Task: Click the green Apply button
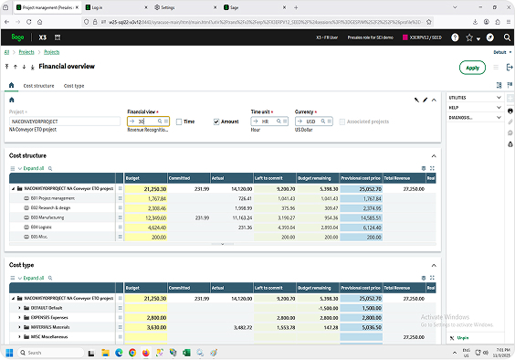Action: [472, 68]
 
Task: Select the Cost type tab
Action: [74, 85]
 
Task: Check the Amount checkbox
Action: [216, 121]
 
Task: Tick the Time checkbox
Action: [179, 121]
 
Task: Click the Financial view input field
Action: [146, 121]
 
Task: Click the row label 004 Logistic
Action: [46, 228]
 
